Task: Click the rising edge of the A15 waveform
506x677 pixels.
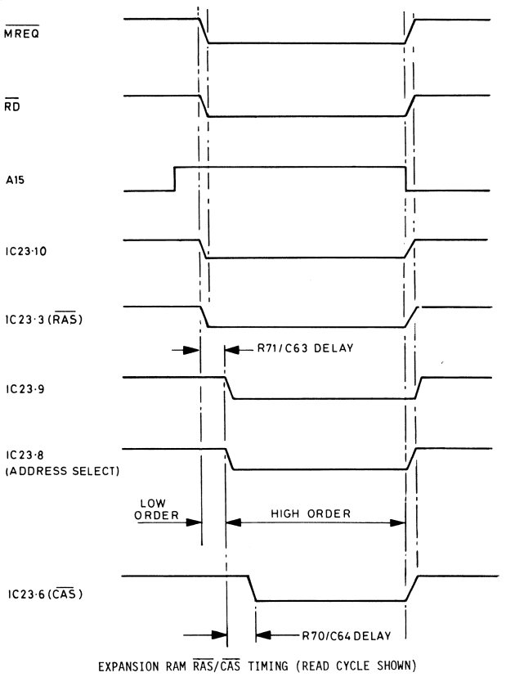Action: (x=174, y=178)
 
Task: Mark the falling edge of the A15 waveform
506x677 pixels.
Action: (x=406, y=178)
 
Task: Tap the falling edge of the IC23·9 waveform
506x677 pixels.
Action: (x=229, y=388)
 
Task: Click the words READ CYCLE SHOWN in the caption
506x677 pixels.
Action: (x=352, y=666)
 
